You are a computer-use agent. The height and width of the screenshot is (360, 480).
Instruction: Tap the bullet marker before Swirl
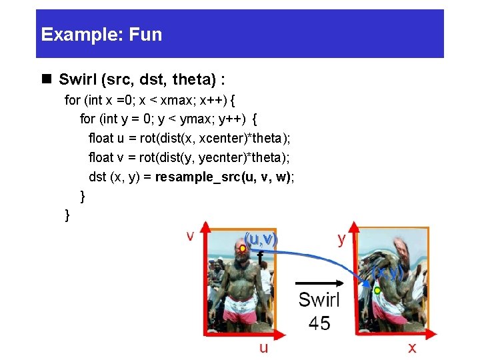pos(47,80)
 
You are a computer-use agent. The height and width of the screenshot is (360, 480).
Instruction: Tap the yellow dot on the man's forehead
pos(243,249)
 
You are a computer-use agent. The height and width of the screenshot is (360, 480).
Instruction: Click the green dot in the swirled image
pos(377,291)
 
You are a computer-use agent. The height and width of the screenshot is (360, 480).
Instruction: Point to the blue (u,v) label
pos(261,238)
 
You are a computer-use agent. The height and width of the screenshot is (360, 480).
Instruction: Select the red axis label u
pos(264,347)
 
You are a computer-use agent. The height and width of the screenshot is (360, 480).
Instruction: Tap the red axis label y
pos(341,239)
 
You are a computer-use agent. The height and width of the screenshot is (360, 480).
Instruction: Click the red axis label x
pos(412,347)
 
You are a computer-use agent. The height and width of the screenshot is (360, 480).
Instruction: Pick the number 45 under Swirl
pos(319,324)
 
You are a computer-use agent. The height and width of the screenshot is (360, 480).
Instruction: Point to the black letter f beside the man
pos(260,256)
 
